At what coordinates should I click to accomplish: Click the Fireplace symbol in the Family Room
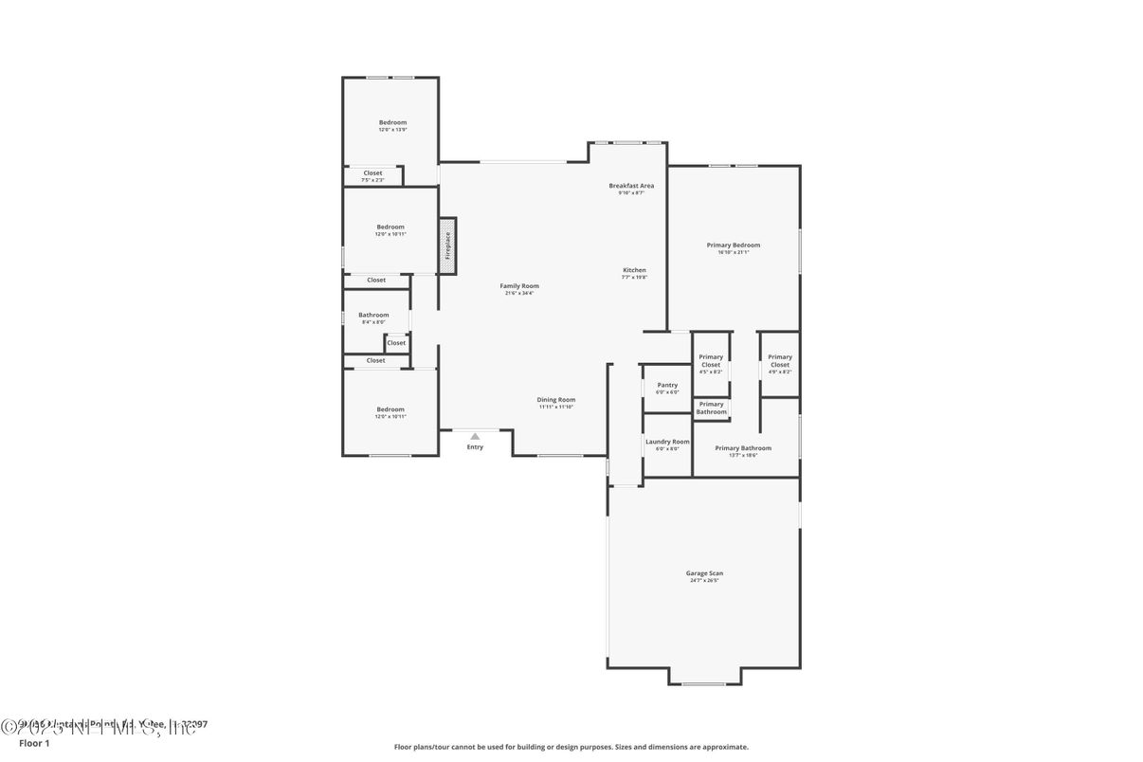tap(448, 246)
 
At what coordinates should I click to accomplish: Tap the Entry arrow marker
tap(475, 436)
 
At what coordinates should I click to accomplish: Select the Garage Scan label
tap(704, 573)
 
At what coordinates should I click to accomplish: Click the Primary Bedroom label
tap(733, 245)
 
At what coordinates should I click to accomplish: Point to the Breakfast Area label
tap(631, 186)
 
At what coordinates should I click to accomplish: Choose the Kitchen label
tap(634, 270)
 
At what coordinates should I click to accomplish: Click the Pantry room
tap(667, 388)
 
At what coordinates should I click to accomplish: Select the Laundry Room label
tap(667, 442)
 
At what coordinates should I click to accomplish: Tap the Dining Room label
tap(556, 400)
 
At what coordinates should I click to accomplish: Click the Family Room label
tap(519, 286)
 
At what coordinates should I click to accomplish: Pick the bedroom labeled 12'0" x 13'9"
tap(392, 125)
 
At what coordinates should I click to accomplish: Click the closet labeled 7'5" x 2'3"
tap(372, 176)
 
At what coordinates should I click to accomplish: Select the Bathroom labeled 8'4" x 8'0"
tap(373, 317)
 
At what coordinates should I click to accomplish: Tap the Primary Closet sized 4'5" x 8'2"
tap(711, 364)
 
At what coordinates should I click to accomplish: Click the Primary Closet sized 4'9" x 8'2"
tap(780, 364)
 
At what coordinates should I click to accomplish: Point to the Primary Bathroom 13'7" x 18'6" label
tap(743, 448)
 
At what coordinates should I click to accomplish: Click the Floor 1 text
tap(34, 743)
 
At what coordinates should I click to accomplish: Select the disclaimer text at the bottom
tap(571, 747)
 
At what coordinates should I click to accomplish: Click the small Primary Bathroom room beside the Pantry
tap(712, 408)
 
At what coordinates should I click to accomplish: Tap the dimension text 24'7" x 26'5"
tap(704, 580)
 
